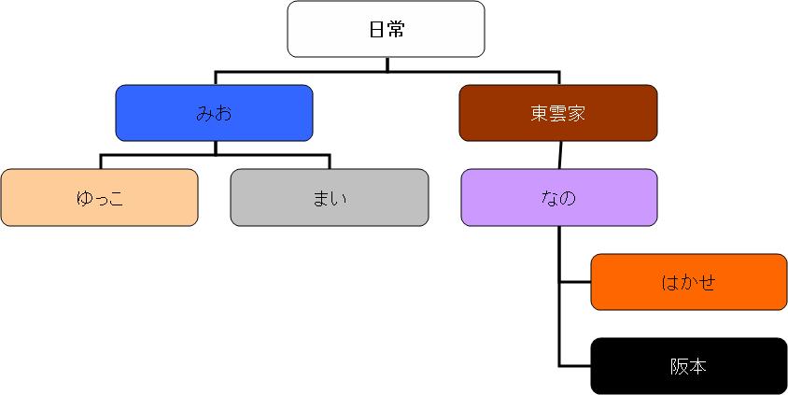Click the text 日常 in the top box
tap(387, 29)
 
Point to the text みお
tap(214, 114)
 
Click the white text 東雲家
tap(558, 114)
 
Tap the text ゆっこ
tap(100, 198)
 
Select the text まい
tap(330, 198)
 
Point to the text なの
tap(558, 198)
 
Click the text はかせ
tap(689, 282)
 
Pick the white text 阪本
tap(689, 366)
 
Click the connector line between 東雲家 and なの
tap(559, 155)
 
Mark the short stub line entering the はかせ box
tap(575, 282)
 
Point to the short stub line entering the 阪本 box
tap(575, 365)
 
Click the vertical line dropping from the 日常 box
tap(387, 63)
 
